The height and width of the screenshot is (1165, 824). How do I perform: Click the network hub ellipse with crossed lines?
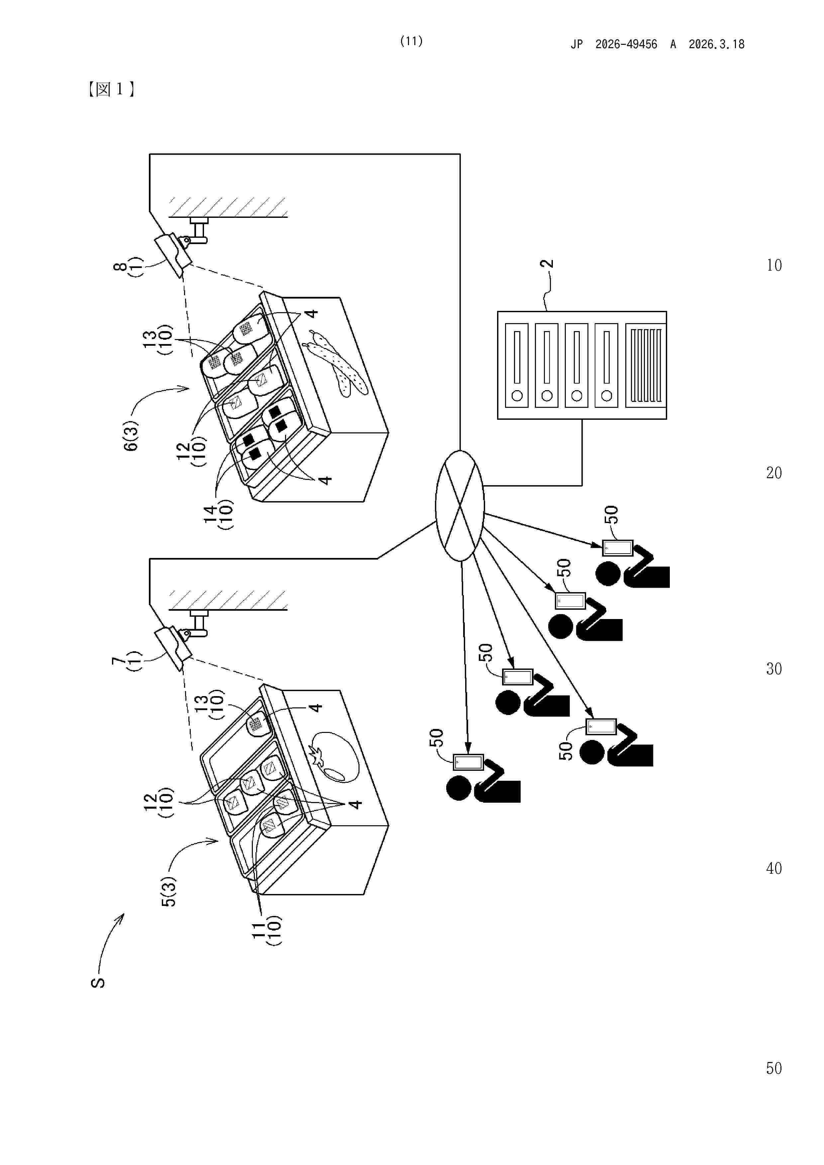(460, 505)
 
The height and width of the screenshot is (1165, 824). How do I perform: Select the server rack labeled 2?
(581, 365)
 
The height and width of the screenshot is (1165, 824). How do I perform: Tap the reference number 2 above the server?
(547, 264)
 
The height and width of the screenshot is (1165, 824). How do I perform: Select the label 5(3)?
(168, 891)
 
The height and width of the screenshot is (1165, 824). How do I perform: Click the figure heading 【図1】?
(111, 89)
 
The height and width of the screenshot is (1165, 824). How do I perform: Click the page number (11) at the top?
(411, 41)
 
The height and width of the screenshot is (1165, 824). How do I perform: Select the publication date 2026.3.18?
(716, 45)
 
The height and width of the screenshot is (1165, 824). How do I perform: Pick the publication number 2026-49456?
(626, 45)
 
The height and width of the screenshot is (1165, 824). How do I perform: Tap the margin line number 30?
(774, 669)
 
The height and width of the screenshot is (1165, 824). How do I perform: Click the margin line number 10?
(774, 265)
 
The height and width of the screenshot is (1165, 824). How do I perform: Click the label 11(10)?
(266, 930)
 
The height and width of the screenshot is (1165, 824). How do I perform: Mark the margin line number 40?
(774, 868)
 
